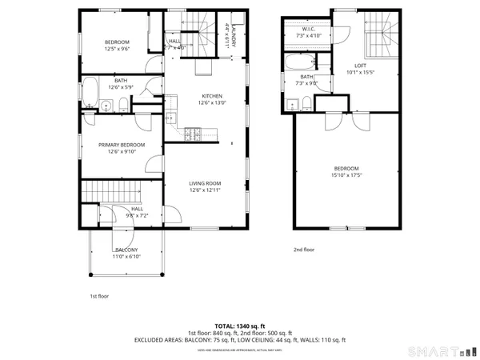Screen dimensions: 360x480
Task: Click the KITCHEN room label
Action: (x=201, y=96)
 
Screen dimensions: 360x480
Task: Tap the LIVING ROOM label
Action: (x=205, y=183)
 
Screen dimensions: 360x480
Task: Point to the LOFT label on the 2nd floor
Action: (x=360, y=66)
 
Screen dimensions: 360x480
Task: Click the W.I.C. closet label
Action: (x=308, y=30)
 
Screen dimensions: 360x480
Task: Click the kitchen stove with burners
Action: (x=193, y=134)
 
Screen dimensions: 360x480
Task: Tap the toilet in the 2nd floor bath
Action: (x=306, y=100)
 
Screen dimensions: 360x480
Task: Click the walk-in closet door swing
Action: (x=342, y=33)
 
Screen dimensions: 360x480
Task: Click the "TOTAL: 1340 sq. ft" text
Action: (x=239, y=326)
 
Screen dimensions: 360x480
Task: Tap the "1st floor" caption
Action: (x=98, y=296)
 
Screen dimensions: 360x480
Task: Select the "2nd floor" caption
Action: (x=304, y=250)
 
